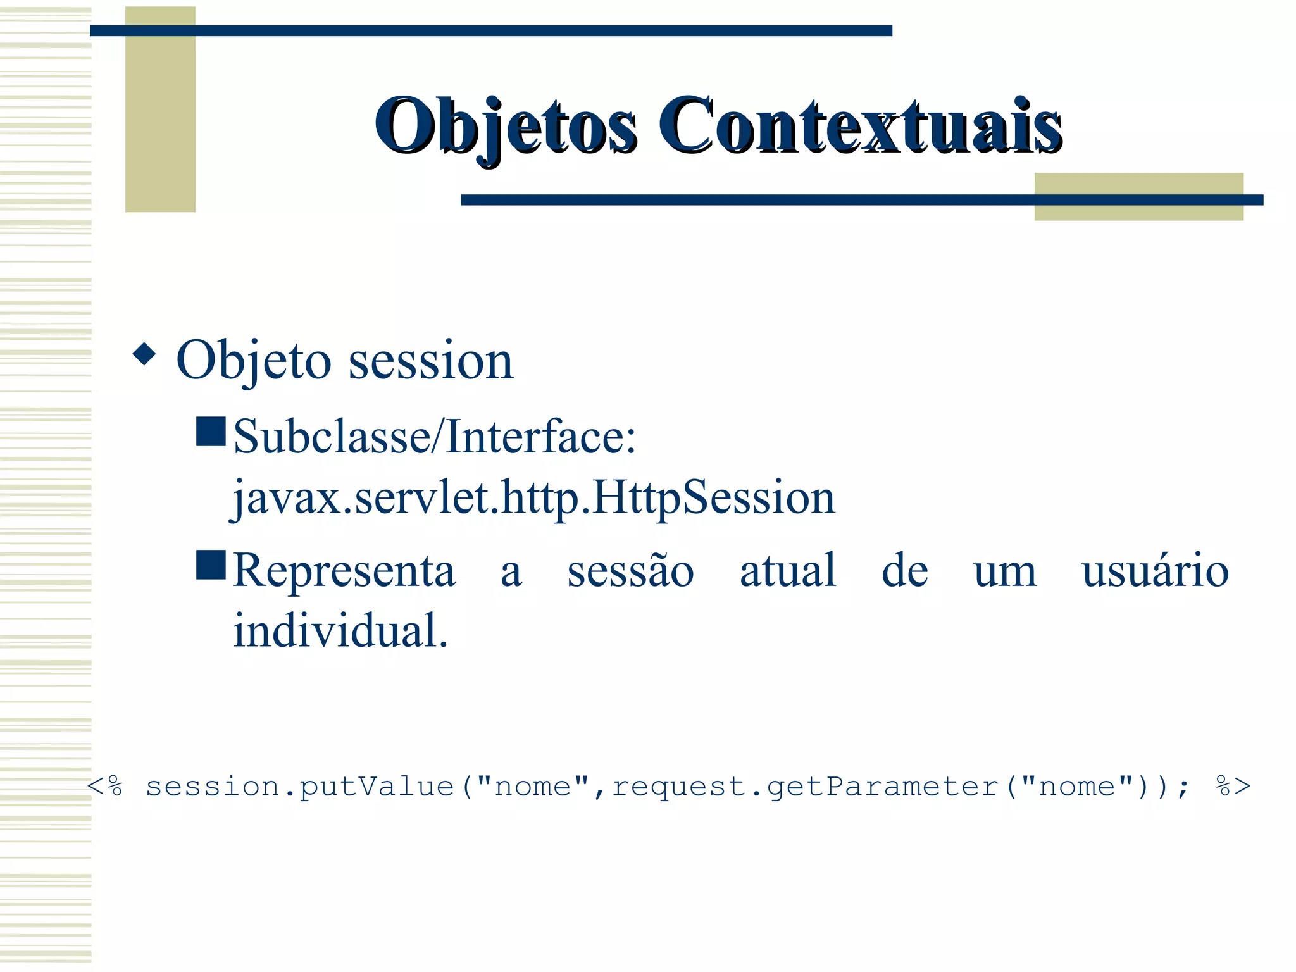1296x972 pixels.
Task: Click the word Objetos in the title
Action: tap(505, 125)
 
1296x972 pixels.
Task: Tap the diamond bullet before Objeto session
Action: tap(144, 354)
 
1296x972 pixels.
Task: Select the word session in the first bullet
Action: tap(430, 361)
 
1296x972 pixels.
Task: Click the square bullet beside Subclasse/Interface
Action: tap(211, 432)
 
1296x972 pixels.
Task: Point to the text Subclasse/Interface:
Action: tap(434, 437)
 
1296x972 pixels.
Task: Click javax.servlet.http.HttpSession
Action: tap(533, 497)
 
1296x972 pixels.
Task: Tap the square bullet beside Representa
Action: tap(211, 565)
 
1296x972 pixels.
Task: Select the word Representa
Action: tap(344, 571)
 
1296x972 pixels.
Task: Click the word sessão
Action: tap(630, 571)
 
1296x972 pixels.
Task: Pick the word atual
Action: tap(788, 571)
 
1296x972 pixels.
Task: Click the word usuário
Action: tap(1154, 571)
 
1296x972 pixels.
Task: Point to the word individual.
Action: tap(340, 631)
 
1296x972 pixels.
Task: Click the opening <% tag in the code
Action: tap(104, 787)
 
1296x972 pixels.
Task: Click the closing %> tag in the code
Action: tap(1233, 787)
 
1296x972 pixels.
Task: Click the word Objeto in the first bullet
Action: tap(253, 361)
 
